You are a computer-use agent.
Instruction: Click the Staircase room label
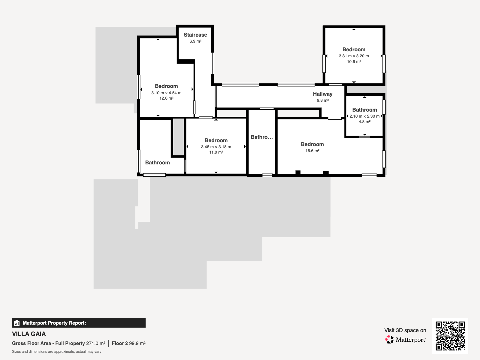click(x=195, y=35)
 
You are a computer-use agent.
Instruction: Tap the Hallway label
click(x=322, y=94)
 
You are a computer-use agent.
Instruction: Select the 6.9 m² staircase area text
click(x=195, y=41)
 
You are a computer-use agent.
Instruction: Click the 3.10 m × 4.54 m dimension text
click(x=166, y=93)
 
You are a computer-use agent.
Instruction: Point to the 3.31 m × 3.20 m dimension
click(x=354, y=56)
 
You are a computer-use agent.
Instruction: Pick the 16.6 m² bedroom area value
click(x=312, y=151)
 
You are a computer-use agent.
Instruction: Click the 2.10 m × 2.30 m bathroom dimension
click(x=364, y=116)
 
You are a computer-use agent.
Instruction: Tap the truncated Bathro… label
click(x=262, y=137)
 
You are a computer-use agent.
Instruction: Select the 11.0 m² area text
click(x=216, y=152)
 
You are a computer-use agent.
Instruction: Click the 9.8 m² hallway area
click(x=322, y=100)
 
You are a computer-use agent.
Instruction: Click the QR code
click(x=450, y=336)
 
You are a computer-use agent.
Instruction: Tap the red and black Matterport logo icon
click(x=389, y=340)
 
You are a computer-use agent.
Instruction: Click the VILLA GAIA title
click(x=29, y=334)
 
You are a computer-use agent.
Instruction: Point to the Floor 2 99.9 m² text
click(x=128, y=343)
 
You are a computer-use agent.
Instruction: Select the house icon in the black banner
click(x=17, y=323)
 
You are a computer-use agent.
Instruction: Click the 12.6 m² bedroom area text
click(x=166, y=98)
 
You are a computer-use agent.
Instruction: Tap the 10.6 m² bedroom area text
click(x=354, y=61)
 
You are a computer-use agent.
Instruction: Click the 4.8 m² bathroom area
click(x=364, y=122)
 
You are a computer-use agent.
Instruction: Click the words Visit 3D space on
click(x=405, y=330)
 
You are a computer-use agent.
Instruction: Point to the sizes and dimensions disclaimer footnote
click(x=57, y=352)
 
